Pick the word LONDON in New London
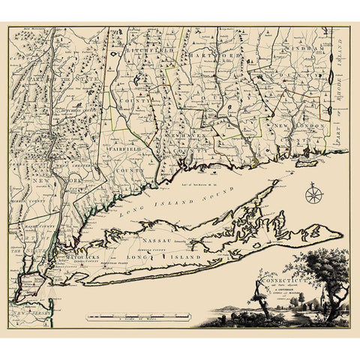[302, 126]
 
